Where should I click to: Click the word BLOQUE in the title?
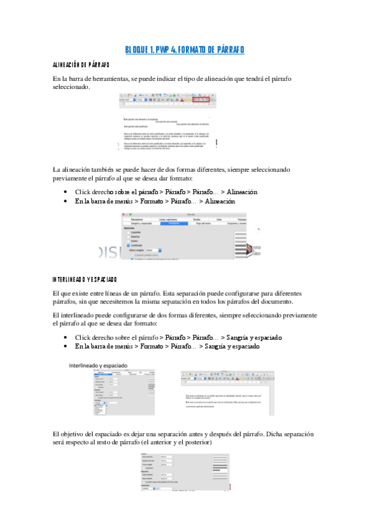click(x=138, y=49)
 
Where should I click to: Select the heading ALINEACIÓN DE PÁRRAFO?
click(x=82, y=64)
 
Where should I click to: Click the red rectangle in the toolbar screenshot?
click(x=201, y=99)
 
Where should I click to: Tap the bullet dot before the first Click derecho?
click(x=65, y=192)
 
